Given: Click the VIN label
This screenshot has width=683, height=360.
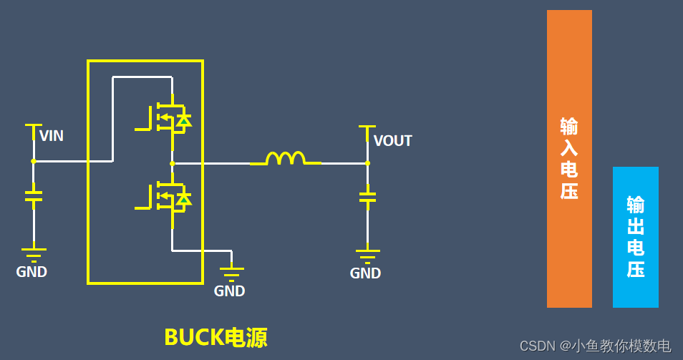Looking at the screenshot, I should point(51,135).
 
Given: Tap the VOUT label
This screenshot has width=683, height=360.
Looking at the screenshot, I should point(392,140).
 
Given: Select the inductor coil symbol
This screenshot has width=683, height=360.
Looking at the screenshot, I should point(285,158).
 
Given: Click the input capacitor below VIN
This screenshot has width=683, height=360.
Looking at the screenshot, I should point(33,195).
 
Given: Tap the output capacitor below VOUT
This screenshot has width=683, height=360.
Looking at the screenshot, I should point(367,195).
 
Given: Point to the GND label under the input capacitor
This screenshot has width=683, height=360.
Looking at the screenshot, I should point(32,272).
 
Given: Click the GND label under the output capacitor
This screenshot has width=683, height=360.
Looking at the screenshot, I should point(365,273).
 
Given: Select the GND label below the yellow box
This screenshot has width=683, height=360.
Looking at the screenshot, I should point(229,291).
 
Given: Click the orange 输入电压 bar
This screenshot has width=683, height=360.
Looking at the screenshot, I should point(569,158).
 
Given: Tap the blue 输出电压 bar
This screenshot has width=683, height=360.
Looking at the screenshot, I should point(635,237).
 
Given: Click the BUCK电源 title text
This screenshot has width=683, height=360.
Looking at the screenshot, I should point(215,337).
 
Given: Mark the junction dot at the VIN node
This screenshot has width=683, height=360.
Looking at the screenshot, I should point(33,161).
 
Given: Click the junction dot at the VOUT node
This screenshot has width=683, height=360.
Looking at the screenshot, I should point(367,163).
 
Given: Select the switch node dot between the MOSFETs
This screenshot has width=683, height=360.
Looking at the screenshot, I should point(172,163).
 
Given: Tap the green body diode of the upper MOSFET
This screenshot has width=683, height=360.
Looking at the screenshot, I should point(184,120).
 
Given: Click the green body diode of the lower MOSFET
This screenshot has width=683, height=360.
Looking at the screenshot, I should point(184,199).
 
